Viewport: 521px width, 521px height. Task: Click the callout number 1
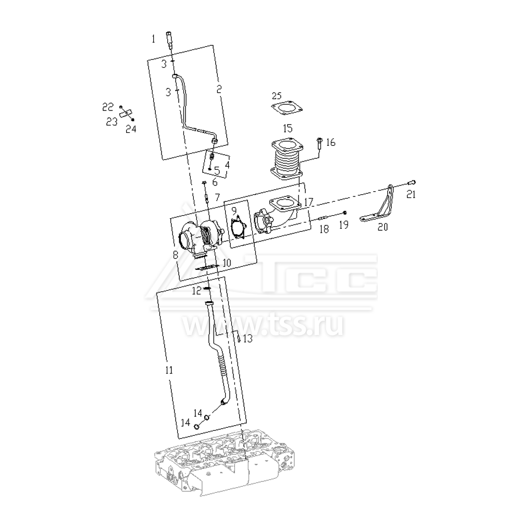[153, 40]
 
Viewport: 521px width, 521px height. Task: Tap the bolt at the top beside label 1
[170, 40]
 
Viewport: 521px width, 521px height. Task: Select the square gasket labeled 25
[287, 108]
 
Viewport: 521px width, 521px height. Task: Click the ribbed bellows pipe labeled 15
[287, 159]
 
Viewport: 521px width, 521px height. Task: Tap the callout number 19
[344, 225]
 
